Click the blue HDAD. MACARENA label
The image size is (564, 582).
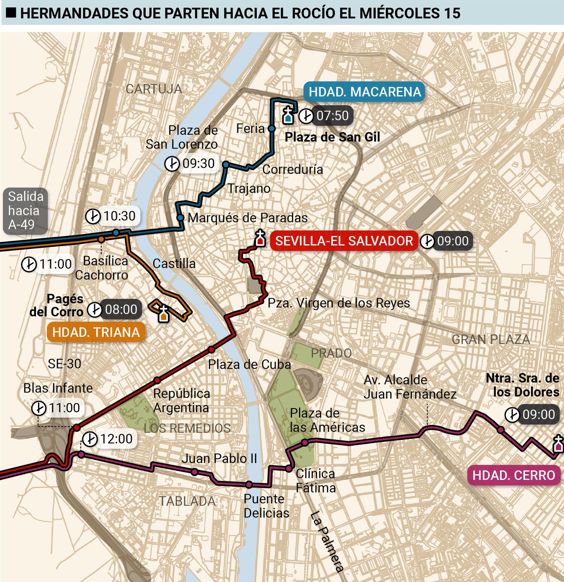coord(364,92)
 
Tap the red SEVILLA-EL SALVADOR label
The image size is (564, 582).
coord(344,241)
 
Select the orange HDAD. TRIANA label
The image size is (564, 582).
coord(96,332)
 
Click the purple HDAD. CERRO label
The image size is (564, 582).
coord(514,475)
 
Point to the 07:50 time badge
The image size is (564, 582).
coord(326,116)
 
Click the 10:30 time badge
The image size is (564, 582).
coord(113,216)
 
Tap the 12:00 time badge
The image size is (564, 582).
coord(109,439)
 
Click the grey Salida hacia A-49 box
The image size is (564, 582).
coord(25,211)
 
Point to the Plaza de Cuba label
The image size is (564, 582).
coord(249,364)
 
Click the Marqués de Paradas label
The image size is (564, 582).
coord(247,218)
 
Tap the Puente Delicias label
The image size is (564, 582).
coord(266,506)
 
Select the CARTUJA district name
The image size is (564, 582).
coord(154,89)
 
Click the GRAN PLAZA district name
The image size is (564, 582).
coord(491,339)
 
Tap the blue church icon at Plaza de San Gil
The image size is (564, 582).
coord(288,116)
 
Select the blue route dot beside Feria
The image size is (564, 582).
coord(272,128)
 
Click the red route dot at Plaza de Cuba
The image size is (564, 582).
coord(211,350)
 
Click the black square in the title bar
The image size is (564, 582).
coord(12,13)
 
